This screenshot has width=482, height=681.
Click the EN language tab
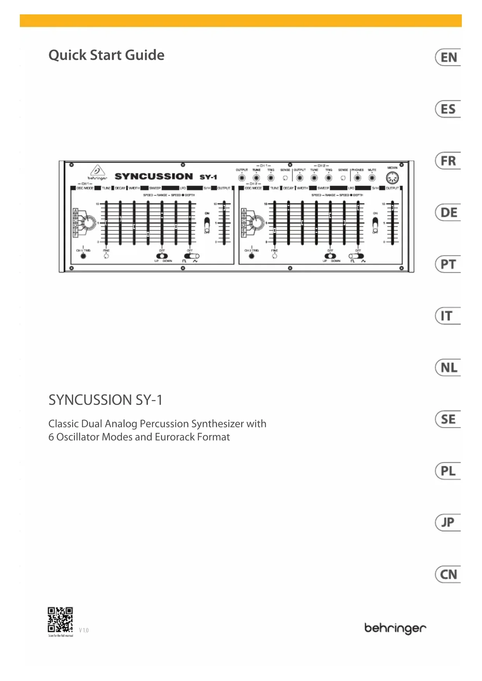click(x=448, y=57)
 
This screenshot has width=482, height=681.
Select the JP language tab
click(x=448, y=522)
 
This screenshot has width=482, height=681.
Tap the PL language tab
click(x=448, y=471)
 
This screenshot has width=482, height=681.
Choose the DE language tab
click(x=448, y=213)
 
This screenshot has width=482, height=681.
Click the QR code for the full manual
click(x=60, y=620)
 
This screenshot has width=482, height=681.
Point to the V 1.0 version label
click(x=84, y=630)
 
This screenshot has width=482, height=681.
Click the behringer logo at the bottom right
click(x=395, y=628)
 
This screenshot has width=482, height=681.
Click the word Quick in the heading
click(x=67, y=56)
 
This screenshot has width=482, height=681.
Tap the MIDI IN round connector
click(x=392, y=178)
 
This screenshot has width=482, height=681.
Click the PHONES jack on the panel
click(x=357, y=178)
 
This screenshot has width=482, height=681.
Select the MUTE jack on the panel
click(x=372, y=178)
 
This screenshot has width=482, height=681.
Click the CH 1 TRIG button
click(x=84, y=256)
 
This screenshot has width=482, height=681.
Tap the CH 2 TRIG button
click(x=252, y=256)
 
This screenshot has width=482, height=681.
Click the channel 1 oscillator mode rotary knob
click(x=88, y=222)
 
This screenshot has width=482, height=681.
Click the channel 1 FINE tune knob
click(x=106, y=256)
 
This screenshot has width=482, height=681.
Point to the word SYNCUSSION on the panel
click(x=154, y=176)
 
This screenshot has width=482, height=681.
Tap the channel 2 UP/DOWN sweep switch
click(x=330, y=256)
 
